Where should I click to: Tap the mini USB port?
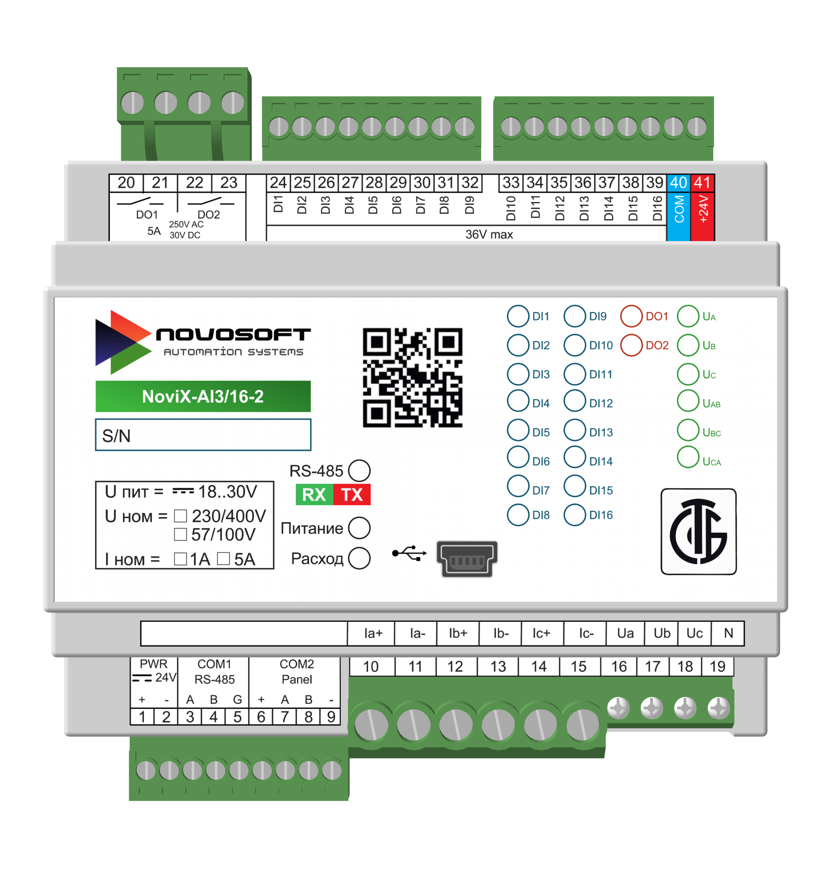pyautogui.click(x=467, y=559)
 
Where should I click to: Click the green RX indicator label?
pyautogui.click(x=314, y=494)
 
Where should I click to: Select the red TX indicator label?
pyautogui.click(x=352, y=494)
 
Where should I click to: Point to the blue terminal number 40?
pyautogui.click(x=678, y=183)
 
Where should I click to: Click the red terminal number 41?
pyautogui.click(x=702, y=183)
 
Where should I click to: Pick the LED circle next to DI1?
pyautogui.click(x=517, y=316)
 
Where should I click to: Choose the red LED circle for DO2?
pyautogui.click(x=631, y=345)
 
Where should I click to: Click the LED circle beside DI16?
pyautogui.click(x=574, y=515)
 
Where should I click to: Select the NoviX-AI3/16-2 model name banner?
pyautogui.click(x=203, y=396)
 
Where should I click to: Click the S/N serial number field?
pyautogui.click(x=203, y=435)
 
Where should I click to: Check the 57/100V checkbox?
pyautogui.click(x=180, y=534)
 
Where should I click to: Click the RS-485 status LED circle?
pyautogui.click(x=359, y=471)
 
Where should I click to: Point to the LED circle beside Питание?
pyautogui.click(x=359, y=528)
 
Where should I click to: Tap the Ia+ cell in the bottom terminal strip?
pyautogui.click(x=373, y=633)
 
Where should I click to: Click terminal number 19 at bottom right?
pyautogui.click(x=717, y=666)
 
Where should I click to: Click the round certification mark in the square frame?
pyautogui.click(x=698, y=532)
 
